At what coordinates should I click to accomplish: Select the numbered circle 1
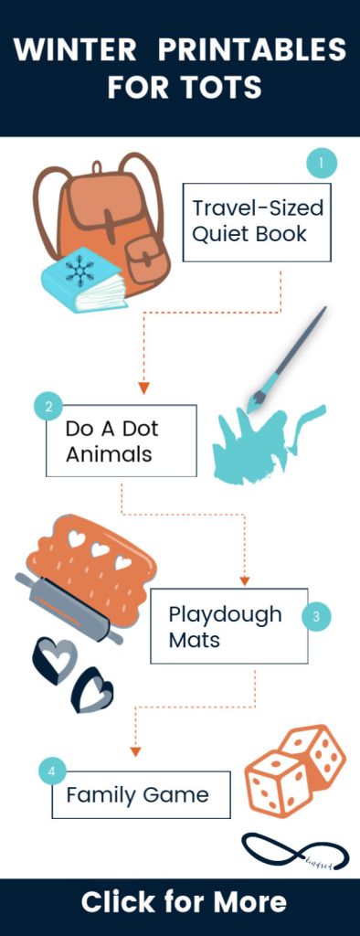[x=321, y=164]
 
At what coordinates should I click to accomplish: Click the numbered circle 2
[x=48, y=406]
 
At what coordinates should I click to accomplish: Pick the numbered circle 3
[x=315, y=616]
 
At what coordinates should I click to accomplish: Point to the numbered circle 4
[x=52, y=771]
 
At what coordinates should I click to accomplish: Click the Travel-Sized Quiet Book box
[x=257, y=221]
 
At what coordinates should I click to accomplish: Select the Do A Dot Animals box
[x=122, y=441]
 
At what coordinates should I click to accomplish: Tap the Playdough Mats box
[x=229, y=626]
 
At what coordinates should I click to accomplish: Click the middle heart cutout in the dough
[x=100, y=553]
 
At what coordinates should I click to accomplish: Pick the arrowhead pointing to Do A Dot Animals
[x=143, y=388]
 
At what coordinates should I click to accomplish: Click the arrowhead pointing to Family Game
[x=135, y=750]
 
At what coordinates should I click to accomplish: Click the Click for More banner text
[x=183, y=902]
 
